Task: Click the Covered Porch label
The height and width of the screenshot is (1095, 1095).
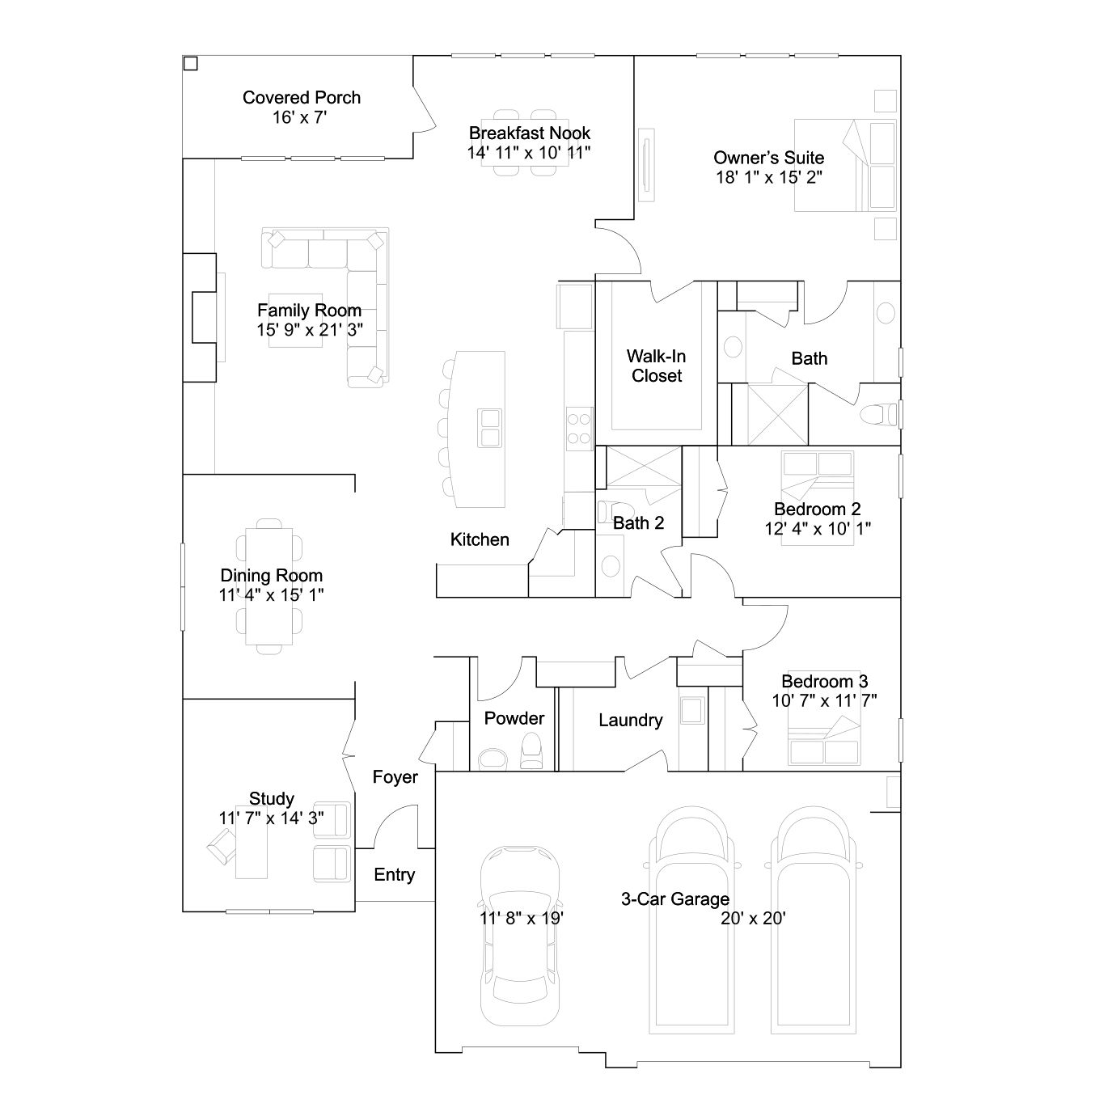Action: (301, 98)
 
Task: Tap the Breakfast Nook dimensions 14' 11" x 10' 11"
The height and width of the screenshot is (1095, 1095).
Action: (529, 153)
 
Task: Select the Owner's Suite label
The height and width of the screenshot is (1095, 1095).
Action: (768, 158)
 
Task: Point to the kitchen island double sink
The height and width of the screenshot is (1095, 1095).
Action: (488, 428)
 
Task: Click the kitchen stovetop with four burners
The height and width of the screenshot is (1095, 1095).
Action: (579, 429)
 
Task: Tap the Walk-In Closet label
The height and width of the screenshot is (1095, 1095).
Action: (657, 366)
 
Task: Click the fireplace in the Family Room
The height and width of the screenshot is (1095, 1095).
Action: (200, 318)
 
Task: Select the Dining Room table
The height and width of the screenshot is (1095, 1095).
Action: (268, 586)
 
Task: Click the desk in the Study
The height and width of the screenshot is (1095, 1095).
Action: (252, 842)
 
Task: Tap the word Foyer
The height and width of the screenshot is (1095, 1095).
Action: (395, 777)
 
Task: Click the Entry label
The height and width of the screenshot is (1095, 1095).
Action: (395, 874)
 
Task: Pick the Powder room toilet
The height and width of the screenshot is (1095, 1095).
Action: (532, 751)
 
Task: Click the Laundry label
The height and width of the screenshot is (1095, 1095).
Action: (631, 721)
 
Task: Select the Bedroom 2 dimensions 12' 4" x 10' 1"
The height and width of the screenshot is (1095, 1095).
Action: (817, 528)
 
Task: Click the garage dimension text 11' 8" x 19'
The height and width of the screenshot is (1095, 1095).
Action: (521, 918)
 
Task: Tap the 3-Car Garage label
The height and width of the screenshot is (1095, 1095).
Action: (675, 899)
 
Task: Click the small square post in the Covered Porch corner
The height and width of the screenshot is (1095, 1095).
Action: (191, 64)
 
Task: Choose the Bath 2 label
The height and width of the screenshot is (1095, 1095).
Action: (638, 522)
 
